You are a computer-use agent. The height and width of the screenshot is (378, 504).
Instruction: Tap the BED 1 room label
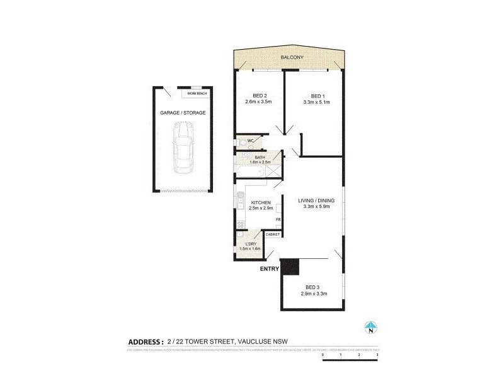[313, 96]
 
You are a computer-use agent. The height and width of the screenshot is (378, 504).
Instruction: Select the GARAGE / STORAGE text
[183, 113]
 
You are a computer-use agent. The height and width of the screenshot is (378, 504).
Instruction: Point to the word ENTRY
[269, 269]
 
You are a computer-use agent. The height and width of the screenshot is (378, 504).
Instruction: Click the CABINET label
[273, 234]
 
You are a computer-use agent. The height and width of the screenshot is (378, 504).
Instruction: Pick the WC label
[250, 140]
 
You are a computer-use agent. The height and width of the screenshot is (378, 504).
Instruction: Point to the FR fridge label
[278, 219]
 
